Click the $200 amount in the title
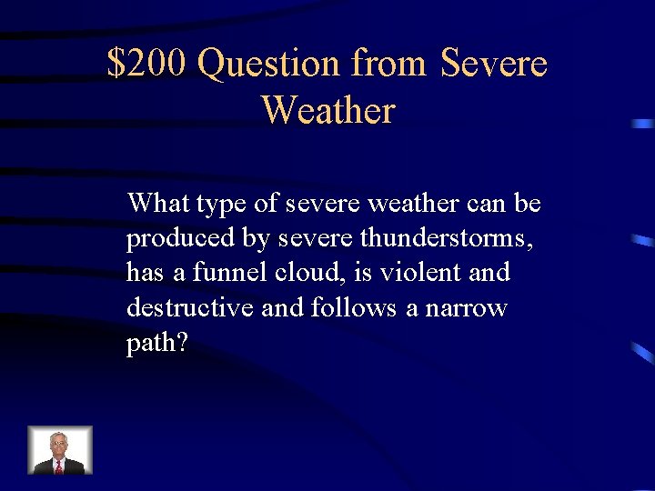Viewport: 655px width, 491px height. tap(147, 64)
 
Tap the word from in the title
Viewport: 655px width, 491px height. tap(388, 64)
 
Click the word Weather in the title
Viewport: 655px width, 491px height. tap(327, 111)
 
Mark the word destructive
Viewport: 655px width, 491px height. tap(190, 307)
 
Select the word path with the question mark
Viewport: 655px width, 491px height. tap(156, 344)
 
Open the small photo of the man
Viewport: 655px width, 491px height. tap(60, 450)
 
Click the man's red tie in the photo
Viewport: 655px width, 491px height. tap(60, 466)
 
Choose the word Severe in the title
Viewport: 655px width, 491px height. tap(493, 64)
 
